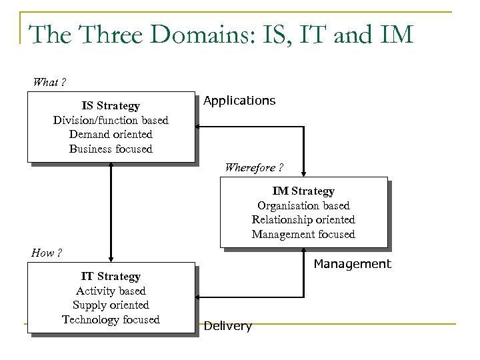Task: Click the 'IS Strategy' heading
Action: [111, 106]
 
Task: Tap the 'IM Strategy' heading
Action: [303, 191]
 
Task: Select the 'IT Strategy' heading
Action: [111, 276]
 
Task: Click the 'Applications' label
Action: [239, 101]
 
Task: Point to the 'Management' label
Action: [352, 264]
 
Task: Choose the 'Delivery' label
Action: [228, 326]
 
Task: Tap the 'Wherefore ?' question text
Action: [254, 167]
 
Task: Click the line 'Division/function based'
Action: [111, 121]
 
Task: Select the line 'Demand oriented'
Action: [111, 135]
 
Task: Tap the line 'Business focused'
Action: [111, 149]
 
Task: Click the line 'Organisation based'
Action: [303, 205]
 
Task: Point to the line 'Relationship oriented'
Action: [303, 219]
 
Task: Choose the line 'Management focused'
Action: [303, 234]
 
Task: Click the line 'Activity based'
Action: [111, 291]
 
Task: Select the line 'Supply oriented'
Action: [111, 305]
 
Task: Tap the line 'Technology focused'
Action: [111, 319]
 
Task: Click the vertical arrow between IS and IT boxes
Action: [111, 213]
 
